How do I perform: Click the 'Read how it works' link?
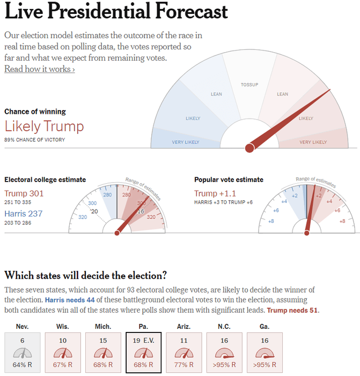39,69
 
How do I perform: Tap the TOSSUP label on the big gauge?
249,85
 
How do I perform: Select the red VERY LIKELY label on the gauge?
313,142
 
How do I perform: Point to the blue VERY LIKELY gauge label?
186,142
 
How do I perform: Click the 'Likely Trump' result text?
44,127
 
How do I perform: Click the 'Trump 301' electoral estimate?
24,193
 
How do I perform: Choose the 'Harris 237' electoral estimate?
24,213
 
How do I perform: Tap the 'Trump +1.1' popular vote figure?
215,193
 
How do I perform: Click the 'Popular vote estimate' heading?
229,180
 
